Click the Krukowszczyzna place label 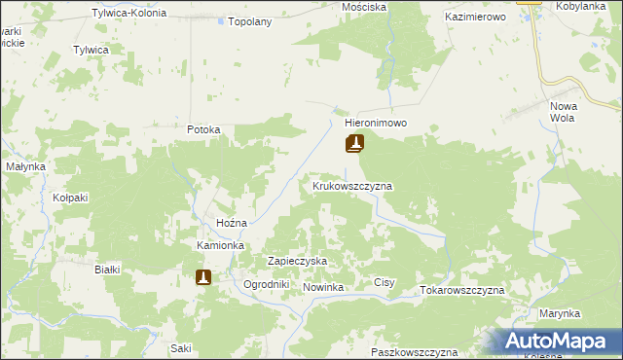(351, 185)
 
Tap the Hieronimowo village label (375, 125)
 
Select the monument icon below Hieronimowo (354, 145)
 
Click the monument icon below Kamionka (203, 277)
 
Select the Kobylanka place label (582, 7)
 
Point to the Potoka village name (204, 129)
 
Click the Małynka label (26, 166)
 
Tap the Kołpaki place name (71, 198)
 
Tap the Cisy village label (385, 283)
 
